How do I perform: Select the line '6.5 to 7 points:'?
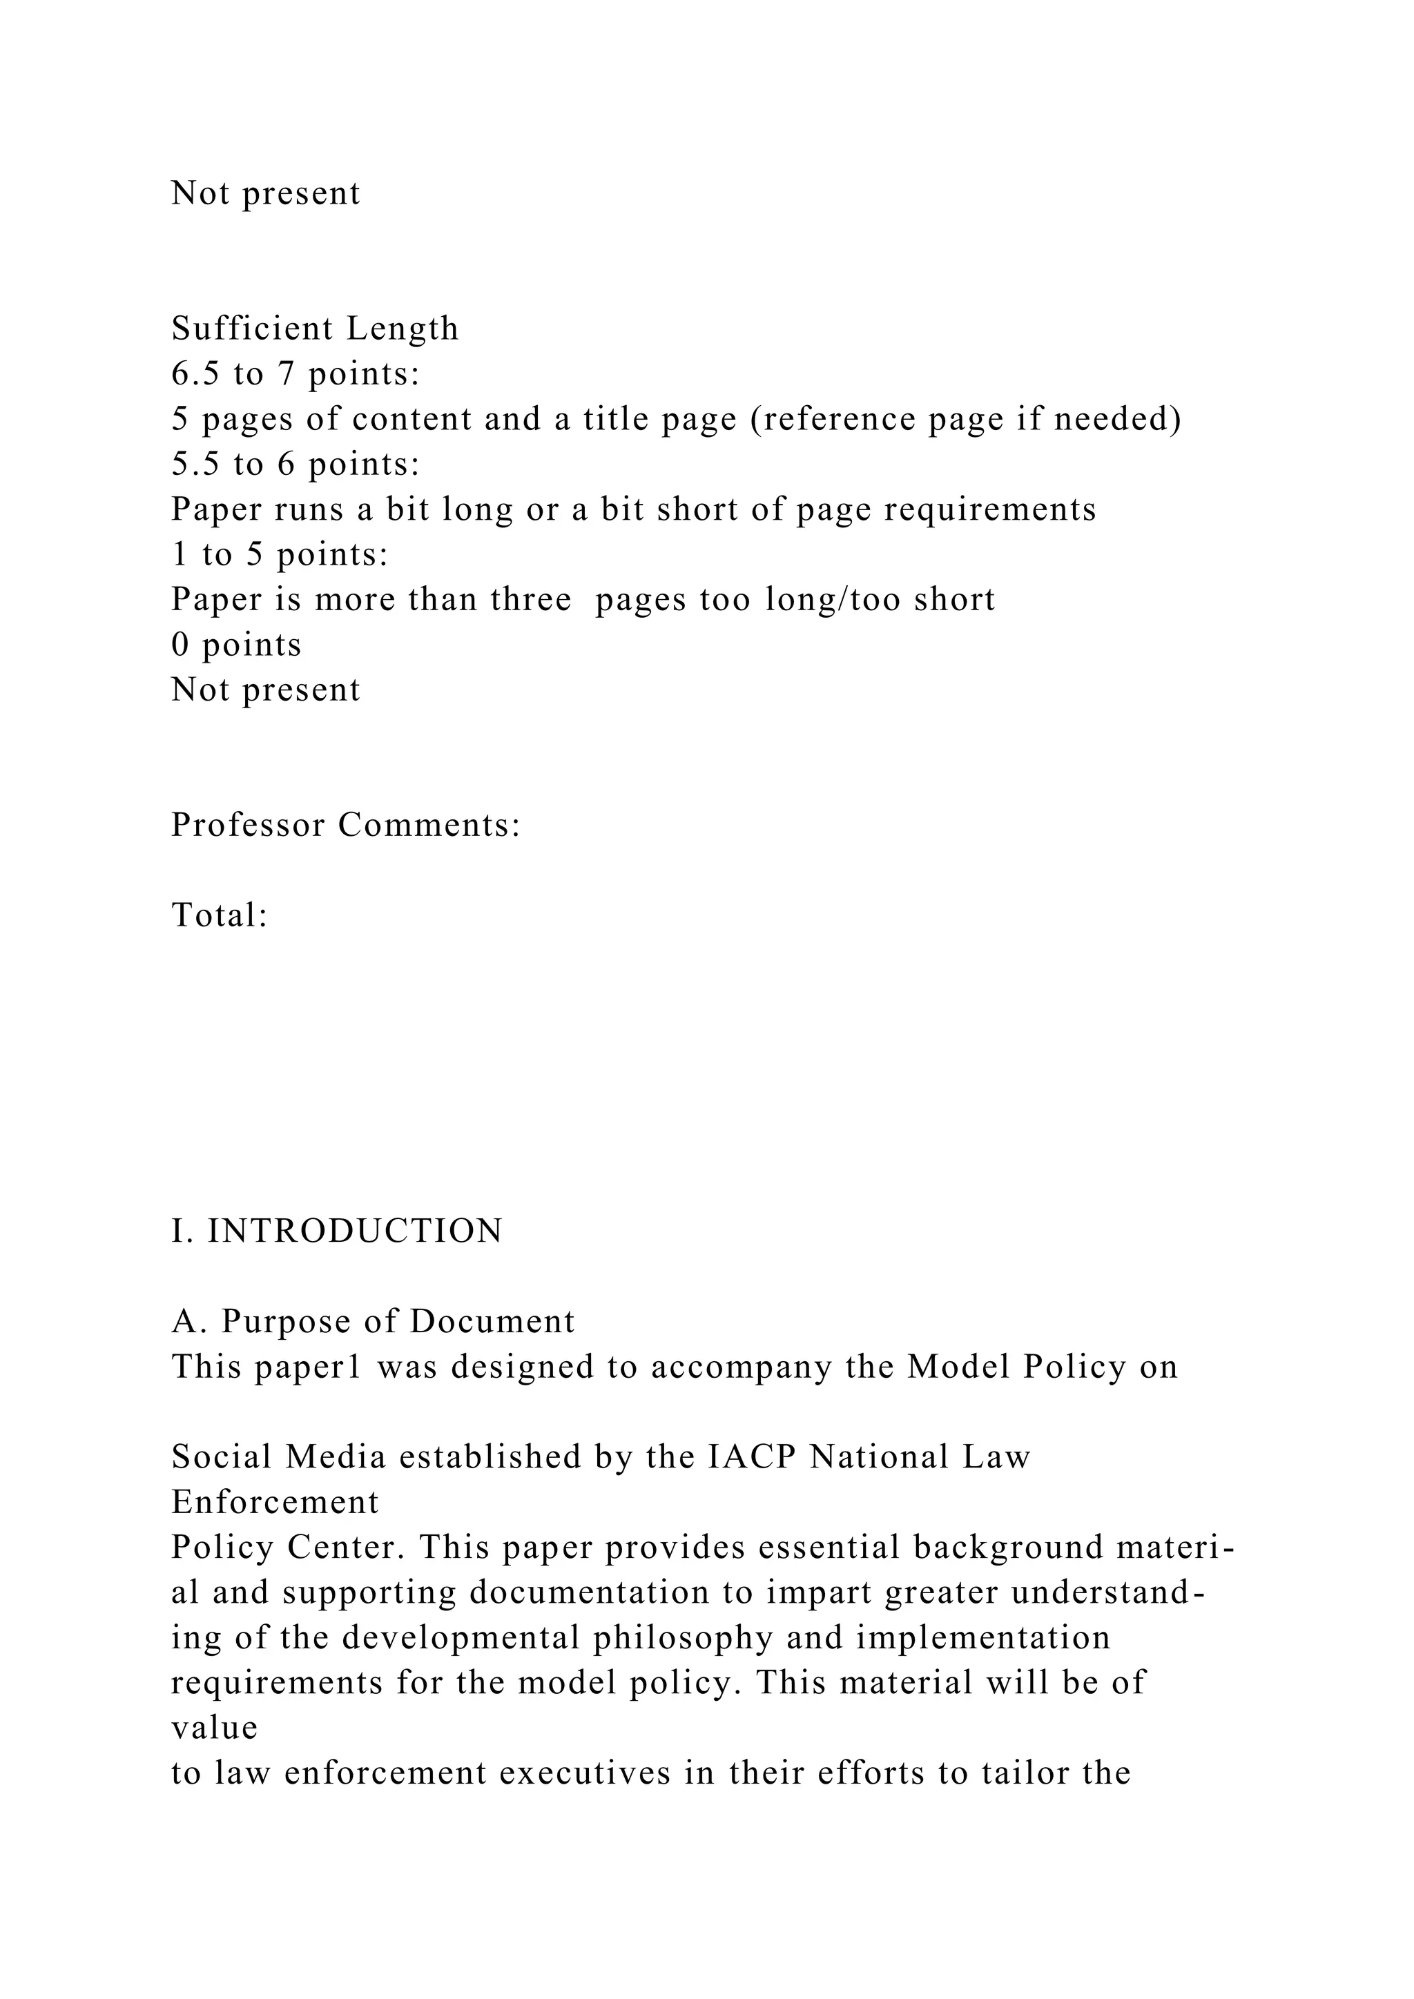click(x=296, y=374)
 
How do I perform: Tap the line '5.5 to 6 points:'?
click(x=296, y=464)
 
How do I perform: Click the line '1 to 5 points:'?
click(x=280, y=554)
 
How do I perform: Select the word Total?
click(x=219, y=915)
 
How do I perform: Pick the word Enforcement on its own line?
click(x=275, y=1502)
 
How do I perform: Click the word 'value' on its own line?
click(x=214, y=1727)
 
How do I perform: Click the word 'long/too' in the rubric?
click(x=833, y=600)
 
